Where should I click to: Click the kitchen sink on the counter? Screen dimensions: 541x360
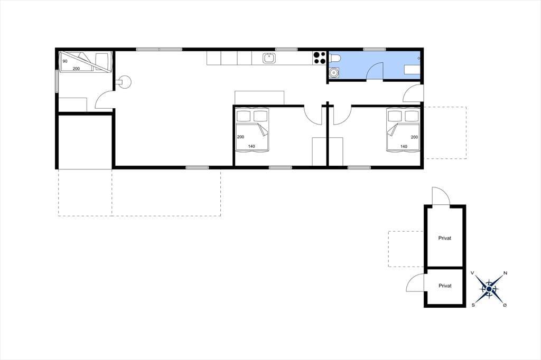tap(269, 58)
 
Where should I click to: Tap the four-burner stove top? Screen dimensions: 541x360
tap(320, 58)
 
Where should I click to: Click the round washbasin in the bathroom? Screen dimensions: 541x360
tap(334, 73)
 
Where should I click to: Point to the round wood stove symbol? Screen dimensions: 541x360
tap(124, 82)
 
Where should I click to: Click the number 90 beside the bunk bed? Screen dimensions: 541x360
tap(65, 61)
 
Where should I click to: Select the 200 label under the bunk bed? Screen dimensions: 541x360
tap(76, 69)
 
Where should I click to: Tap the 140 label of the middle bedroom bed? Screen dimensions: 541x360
tap(251, 146)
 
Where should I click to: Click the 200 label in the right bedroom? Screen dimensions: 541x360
tap(414, 137)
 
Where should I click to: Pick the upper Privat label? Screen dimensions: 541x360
tap(445, 238)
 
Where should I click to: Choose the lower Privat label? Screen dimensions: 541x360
tap(445, 286)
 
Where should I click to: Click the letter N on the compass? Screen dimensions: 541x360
tap(506, 273)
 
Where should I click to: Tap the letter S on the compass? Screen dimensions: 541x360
tap(473, 305)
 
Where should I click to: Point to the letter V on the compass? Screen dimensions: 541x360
tap(472, 273)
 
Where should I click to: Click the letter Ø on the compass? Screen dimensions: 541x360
tap(505, 305)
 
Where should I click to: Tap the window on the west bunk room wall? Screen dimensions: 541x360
tap(57, 81)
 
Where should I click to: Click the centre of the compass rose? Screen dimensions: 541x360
tap(489, 289)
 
